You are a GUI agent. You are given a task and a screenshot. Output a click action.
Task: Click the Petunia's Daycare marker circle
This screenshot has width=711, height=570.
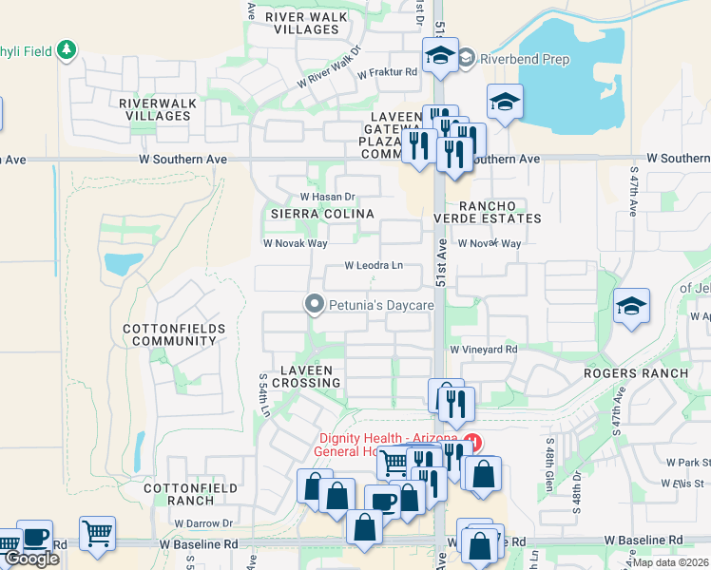pos(313,305)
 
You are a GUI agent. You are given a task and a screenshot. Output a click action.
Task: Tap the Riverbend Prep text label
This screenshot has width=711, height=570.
pos(524,59)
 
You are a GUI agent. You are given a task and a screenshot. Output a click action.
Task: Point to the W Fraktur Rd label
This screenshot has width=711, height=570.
pos(388,72)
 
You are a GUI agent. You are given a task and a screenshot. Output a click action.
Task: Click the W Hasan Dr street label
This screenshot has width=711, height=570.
pos(328,197)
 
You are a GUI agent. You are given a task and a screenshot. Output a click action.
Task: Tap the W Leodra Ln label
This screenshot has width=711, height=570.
pos(374,266)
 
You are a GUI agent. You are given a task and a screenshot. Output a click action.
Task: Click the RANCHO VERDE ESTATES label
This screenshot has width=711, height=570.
pos(499,212)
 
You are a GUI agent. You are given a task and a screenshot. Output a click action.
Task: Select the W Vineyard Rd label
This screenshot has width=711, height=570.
pos(484,350)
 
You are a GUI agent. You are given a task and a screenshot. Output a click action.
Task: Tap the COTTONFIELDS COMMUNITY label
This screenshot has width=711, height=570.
pos(169,334)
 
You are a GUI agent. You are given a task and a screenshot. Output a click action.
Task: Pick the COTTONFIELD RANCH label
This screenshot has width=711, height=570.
pos(179,493)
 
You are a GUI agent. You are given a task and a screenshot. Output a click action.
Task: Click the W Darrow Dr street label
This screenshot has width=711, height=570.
pos(203,523)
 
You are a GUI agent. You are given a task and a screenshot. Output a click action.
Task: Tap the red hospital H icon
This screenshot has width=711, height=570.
pos(472,443)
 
